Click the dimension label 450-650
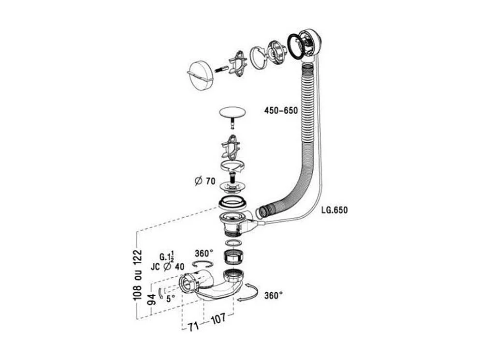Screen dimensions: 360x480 pyautogui.click(x=280, y=110)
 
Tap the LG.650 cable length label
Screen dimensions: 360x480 pyautogui.click(x=334, y=210)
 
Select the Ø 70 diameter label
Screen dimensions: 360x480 pyautogui.click(x=204, y=181)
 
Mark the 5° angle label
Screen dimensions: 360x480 pyautogui.click(x=171, y=299)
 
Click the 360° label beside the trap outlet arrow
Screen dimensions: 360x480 pyautogui.click(x=273, y=295)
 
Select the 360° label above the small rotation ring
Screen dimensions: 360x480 pyautogui.click(x=204, y=254)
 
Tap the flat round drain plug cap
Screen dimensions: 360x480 pyautogui.click(x=232, y=112)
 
